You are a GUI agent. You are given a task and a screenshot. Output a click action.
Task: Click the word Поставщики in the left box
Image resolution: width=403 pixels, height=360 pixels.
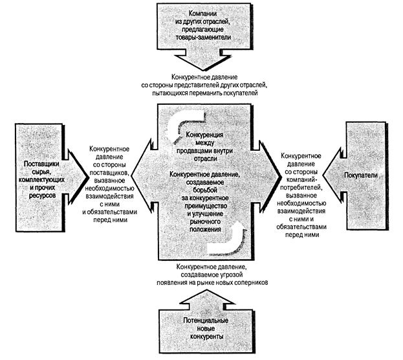click(x=39, y=164)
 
